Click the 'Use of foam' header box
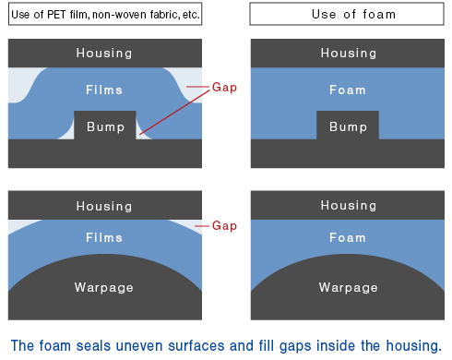coord(349,15)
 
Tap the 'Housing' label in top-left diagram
coord(104,54)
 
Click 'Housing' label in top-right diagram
coord(349,54)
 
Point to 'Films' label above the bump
coord(104,90)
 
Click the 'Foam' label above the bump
coord(349,90)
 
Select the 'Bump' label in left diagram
coord(104,126)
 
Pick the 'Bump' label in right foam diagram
coord(349,126)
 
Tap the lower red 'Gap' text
coord(225,226)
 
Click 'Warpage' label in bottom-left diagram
coord(104,287)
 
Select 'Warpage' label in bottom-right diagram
coord(349,287)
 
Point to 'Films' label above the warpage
coord(104,237)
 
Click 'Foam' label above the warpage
coord(349,237)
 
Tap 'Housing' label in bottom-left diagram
coord(104,206)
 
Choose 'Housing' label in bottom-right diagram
coord(349,206)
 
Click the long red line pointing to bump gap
coord(175,111)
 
